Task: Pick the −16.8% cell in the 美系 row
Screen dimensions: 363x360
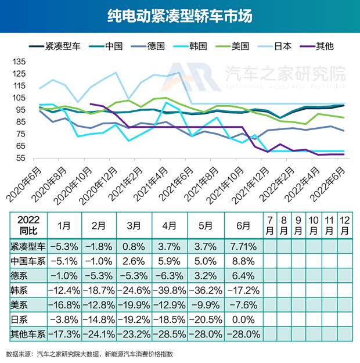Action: point(62,303)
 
